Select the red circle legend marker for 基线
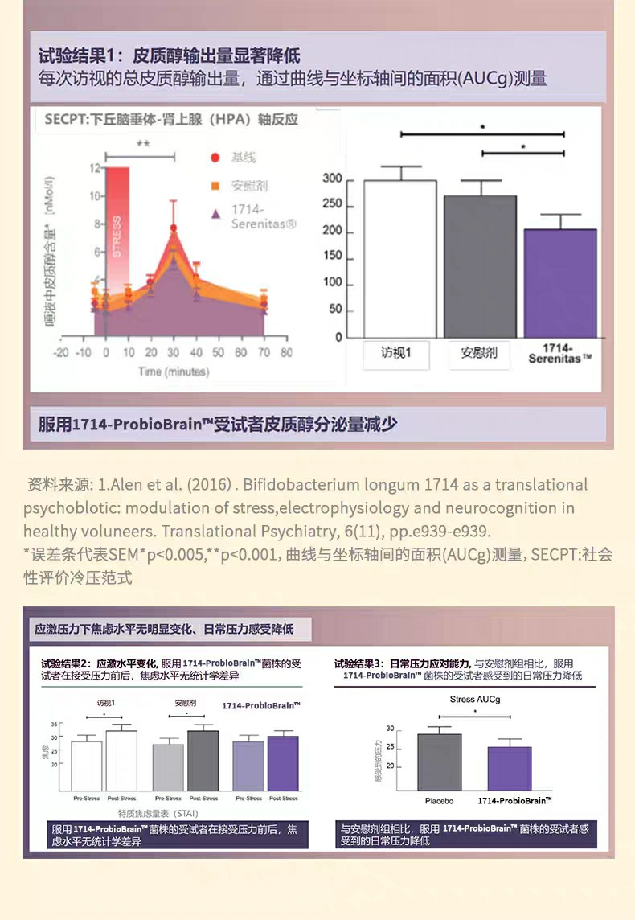click(x=215, y=158)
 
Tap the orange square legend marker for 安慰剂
click(x=215, y=186)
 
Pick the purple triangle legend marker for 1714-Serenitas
click(x=215, y=214)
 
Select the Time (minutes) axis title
click(x=173, y=372)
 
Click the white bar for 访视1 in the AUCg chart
click(x=399, y=259)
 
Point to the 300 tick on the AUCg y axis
click(x=331, y=179)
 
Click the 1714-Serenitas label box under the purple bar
click(x=561, y=354)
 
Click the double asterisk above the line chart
click(x=142, y=144)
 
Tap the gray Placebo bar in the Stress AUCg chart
click(x=439, y=761)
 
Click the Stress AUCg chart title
click(x=475, y=699)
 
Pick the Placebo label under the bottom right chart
click(x=439, y=801)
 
